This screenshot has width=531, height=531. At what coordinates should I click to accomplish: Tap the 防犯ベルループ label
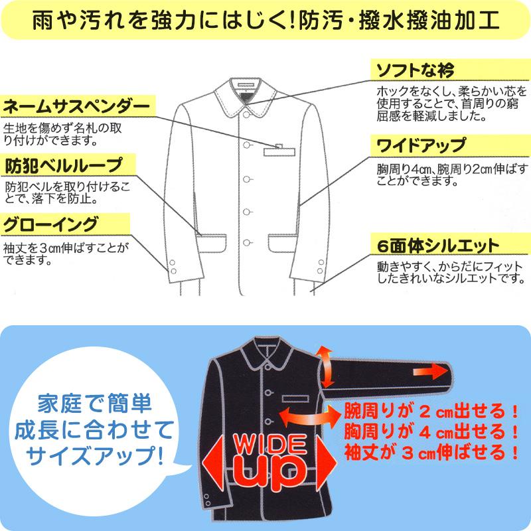click(64, 165)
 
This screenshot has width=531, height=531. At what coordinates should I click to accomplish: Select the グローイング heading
click(51, 223)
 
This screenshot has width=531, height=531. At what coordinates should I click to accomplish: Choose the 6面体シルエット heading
click(437, 246)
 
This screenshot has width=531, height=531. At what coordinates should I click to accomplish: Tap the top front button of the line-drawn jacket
click(247, 114)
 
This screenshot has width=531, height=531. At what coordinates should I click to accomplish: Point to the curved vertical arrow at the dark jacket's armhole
click(325, 365)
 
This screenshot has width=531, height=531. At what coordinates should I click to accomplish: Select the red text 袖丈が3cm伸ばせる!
click(431, 454)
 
